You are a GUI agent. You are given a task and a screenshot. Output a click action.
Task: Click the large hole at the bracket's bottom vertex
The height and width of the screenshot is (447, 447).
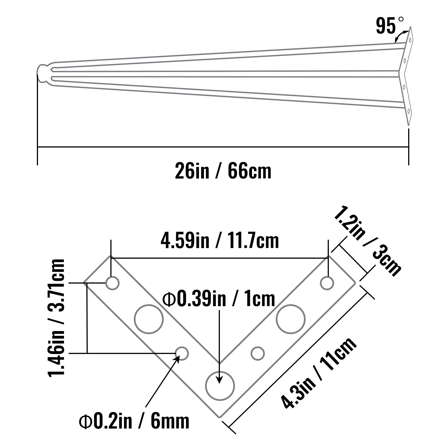[220, 386]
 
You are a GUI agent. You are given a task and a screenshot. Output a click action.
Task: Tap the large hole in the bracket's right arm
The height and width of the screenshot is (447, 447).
[291, 319]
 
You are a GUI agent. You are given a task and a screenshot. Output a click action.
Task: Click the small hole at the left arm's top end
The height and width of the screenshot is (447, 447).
[113, 283]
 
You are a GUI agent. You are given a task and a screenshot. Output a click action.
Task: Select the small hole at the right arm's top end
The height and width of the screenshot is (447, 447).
[327, 283]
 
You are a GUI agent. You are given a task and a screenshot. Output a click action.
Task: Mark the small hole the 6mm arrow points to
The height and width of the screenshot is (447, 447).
[182, 353]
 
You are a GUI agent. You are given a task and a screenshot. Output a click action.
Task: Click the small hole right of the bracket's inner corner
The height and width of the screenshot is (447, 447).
[258, 353]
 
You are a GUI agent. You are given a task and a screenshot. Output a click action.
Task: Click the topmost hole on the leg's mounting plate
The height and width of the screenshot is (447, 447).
[410, 40]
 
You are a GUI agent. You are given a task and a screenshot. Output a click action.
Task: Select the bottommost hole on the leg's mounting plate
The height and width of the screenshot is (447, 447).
[408, 111]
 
